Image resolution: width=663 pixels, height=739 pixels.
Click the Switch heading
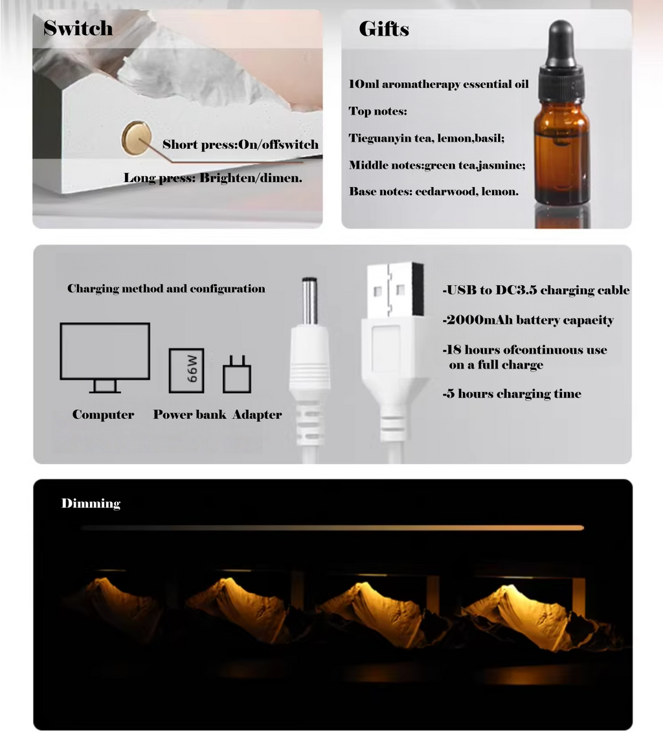(78, 28)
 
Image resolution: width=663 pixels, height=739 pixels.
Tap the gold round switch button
(134, 137)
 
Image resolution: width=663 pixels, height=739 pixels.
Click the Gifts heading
(383, 29)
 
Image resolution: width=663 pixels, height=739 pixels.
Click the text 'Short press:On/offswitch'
(240, 144)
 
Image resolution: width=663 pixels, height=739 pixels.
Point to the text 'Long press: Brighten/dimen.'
(213, 177)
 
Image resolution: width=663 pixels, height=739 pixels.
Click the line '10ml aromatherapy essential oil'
(438, 84)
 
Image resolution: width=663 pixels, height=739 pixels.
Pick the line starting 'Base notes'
(433, 192)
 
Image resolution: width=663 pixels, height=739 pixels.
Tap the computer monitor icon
(105, 357)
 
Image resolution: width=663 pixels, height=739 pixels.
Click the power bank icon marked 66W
(186, 370)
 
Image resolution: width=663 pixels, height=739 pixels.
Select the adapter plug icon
(237, 375)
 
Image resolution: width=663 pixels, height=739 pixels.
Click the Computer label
(103, 415)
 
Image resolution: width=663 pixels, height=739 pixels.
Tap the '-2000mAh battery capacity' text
(528, 320)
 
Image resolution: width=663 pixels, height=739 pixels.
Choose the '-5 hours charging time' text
(511, 394)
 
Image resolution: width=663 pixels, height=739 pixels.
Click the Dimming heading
(91, 503)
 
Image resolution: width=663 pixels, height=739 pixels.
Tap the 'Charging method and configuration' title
(166, 289)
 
